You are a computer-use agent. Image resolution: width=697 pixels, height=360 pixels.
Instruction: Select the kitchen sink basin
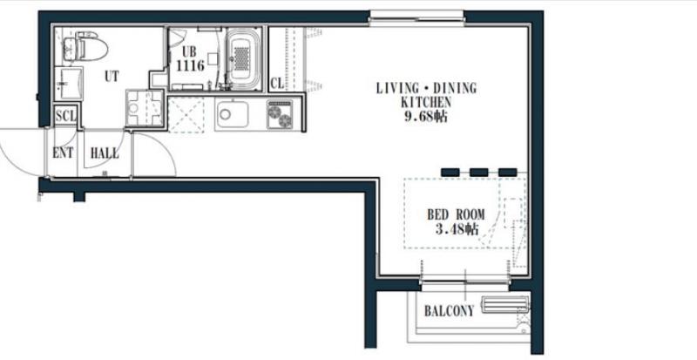pyautogui.click(x=232, y=115)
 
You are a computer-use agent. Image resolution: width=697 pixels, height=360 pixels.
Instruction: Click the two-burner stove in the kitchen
pyautogui.click(x=280, y=114)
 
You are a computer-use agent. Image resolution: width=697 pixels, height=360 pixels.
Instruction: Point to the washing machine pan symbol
pyautogui.click(x=144, y=108)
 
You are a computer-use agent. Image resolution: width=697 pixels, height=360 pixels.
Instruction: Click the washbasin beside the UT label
pyautogui.click(x=68, y=83)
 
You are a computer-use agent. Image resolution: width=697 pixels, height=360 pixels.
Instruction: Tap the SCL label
pyautogui.click(x=66, y=117)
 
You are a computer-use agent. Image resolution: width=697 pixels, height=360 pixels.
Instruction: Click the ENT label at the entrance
pyautogui.click(x=63, y=153)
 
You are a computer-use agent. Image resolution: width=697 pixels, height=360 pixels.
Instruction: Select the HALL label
pyautogui.click(x=105, y=153)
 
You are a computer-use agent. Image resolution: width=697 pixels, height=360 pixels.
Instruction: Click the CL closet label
pyautogui.click(x=277, y=83)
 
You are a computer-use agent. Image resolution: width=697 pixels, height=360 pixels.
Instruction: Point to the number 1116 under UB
pyautogui.click(x=190, y=66)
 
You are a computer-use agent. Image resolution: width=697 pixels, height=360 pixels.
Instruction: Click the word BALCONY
pyautogui.click(x=449, y=310)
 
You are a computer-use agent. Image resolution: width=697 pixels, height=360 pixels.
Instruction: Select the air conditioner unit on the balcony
pyautogui.click(x=505, y=305)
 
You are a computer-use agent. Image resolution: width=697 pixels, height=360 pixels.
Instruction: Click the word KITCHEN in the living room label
pyautogui.click(x=426, y=102)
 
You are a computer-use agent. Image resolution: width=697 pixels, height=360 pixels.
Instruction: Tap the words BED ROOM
pyautogui.click(x=456, y=215)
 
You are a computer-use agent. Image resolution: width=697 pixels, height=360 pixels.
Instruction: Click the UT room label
pyautogui.click(x=112, y=77)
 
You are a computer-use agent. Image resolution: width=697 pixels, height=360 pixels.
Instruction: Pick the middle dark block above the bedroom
pyautogui.click(x=479, y=173)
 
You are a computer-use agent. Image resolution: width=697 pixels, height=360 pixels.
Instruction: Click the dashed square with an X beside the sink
pyautogui.click(x=186, y=115)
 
